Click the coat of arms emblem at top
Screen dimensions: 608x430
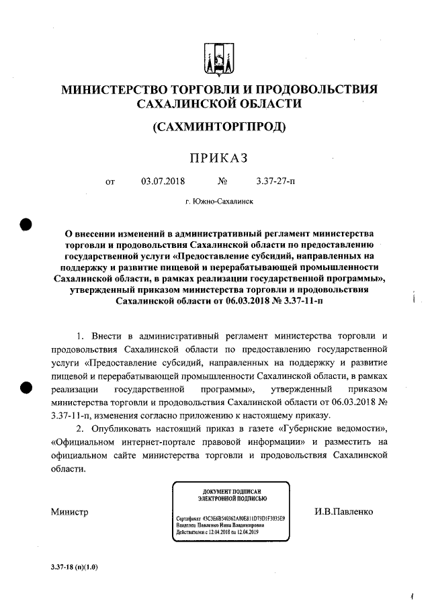[x=219, y=58]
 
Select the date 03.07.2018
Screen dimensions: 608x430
[x=163, y=181]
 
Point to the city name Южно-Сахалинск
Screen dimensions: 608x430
[x=219, y=201]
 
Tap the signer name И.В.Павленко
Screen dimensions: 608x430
[x=343, y=511]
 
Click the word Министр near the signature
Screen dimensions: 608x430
[x=70, y=512]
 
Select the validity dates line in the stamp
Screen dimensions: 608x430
[x=220, y=532]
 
